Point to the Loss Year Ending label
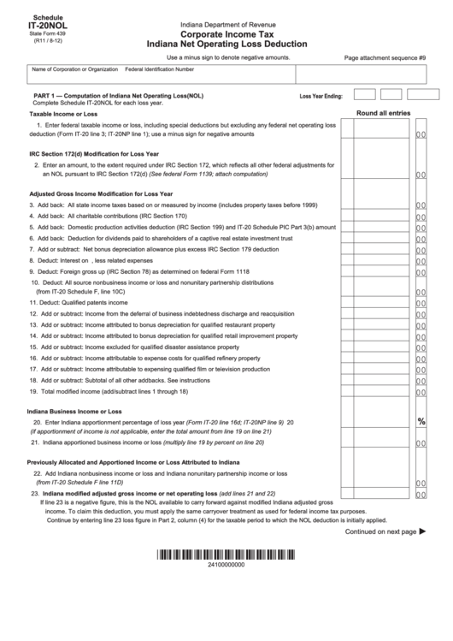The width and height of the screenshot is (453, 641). (321, 97)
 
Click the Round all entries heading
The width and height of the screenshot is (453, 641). (389, 112)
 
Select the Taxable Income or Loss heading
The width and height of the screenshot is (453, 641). (63, 113)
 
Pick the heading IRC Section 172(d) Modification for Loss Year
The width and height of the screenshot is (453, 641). (94, 154)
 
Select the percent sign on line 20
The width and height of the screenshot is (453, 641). (421, 422)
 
